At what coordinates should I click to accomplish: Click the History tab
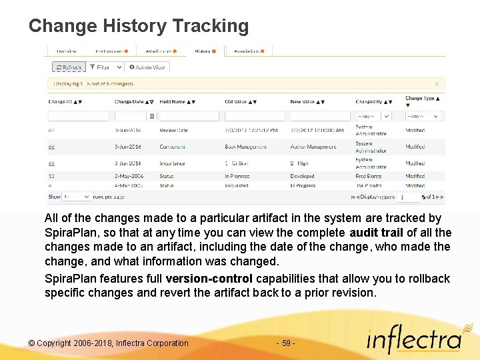[204, 51]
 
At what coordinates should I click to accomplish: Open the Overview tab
[67, 51]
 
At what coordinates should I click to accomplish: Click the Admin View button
[147, 67]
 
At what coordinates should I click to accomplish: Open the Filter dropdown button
[107, 67]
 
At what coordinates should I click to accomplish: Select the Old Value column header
[236, 102]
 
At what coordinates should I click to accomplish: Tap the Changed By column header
[369, 102]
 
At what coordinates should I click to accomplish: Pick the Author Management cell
[313, 147]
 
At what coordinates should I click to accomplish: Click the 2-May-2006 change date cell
[128, 176]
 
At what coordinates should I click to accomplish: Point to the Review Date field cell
[173, 131]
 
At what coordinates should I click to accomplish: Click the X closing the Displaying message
[437, 84]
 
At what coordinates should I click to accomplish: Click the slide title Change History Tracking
[139, 26]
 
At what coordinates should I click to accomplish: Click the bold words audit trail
[376, 233]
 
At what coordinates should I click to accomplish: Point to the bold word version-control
[209, 279]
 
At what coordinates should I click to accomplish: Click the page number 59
[285, 343]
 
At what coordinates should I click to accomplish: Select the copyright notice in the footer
[109, 343]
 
